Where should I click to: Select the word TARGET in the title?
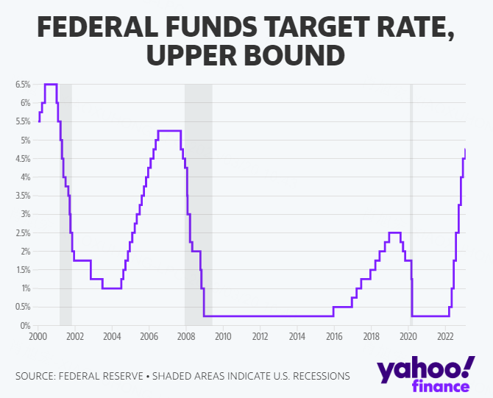328,28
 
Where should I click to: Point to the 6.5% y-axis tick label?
22,85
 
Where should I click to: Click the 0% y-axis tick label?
24,325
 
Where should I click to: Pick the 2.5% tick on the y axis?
22,232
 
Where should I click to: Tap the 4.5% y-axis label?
22,159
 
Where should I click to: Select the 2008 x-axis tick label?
185,337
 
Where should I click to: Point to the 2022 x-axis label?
444,337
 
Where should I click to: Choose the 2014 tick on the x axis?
297,337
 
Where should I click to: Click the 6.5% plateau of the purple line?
51,85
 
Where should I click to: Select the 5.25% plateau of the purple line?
169,131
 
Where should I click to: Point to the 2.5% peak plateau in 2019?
394,232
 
